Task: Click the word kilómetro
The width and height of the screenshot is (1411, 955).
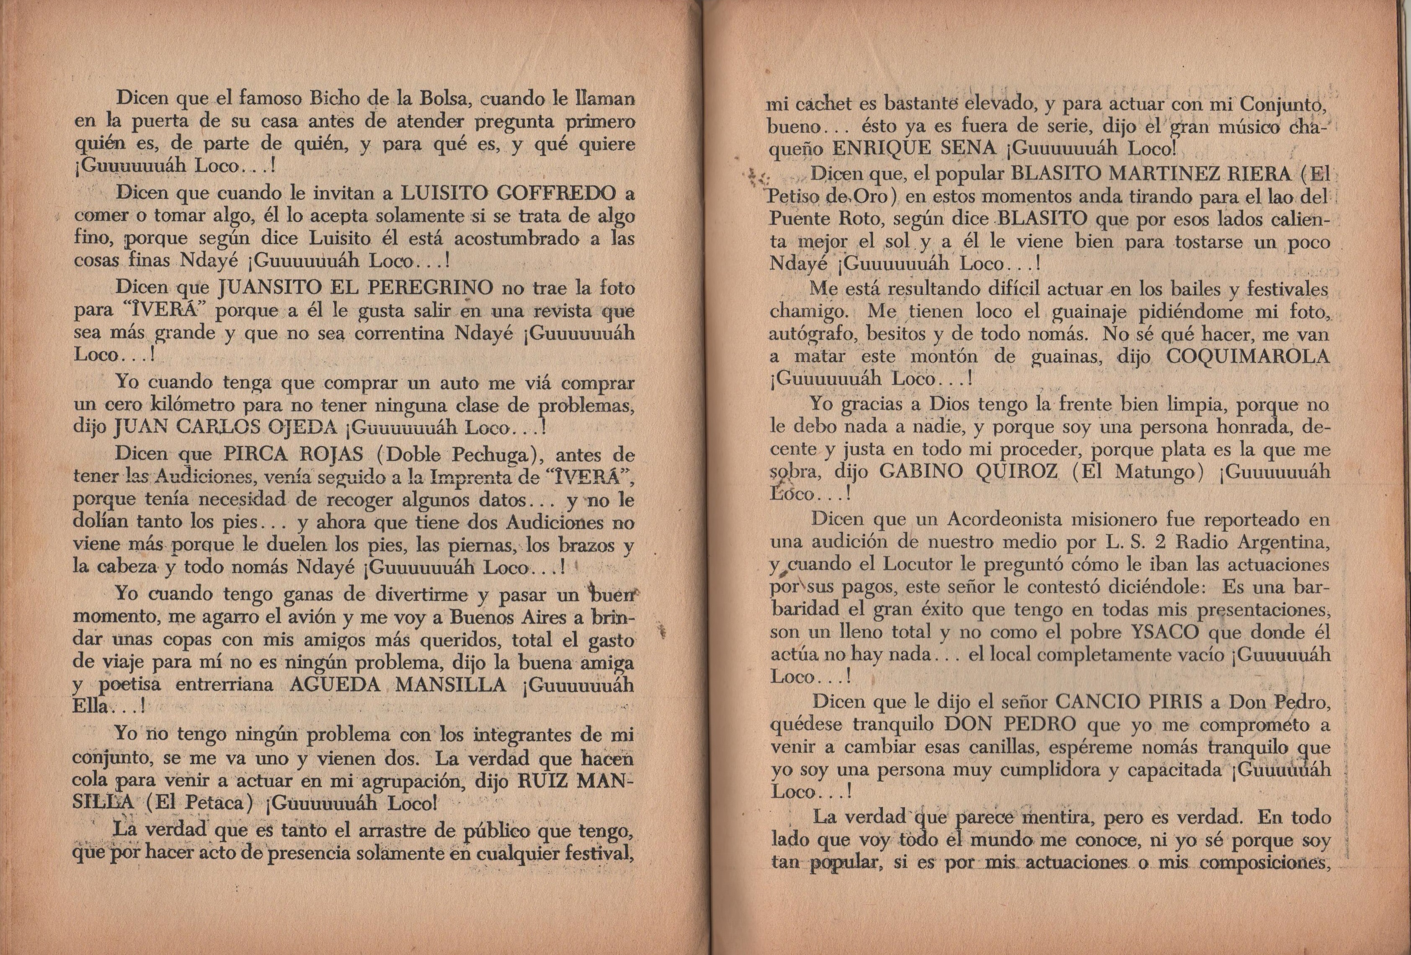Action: coord(188,405)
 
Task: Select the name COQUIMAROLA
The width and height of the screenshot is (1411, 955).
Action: coord(1248,356)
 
